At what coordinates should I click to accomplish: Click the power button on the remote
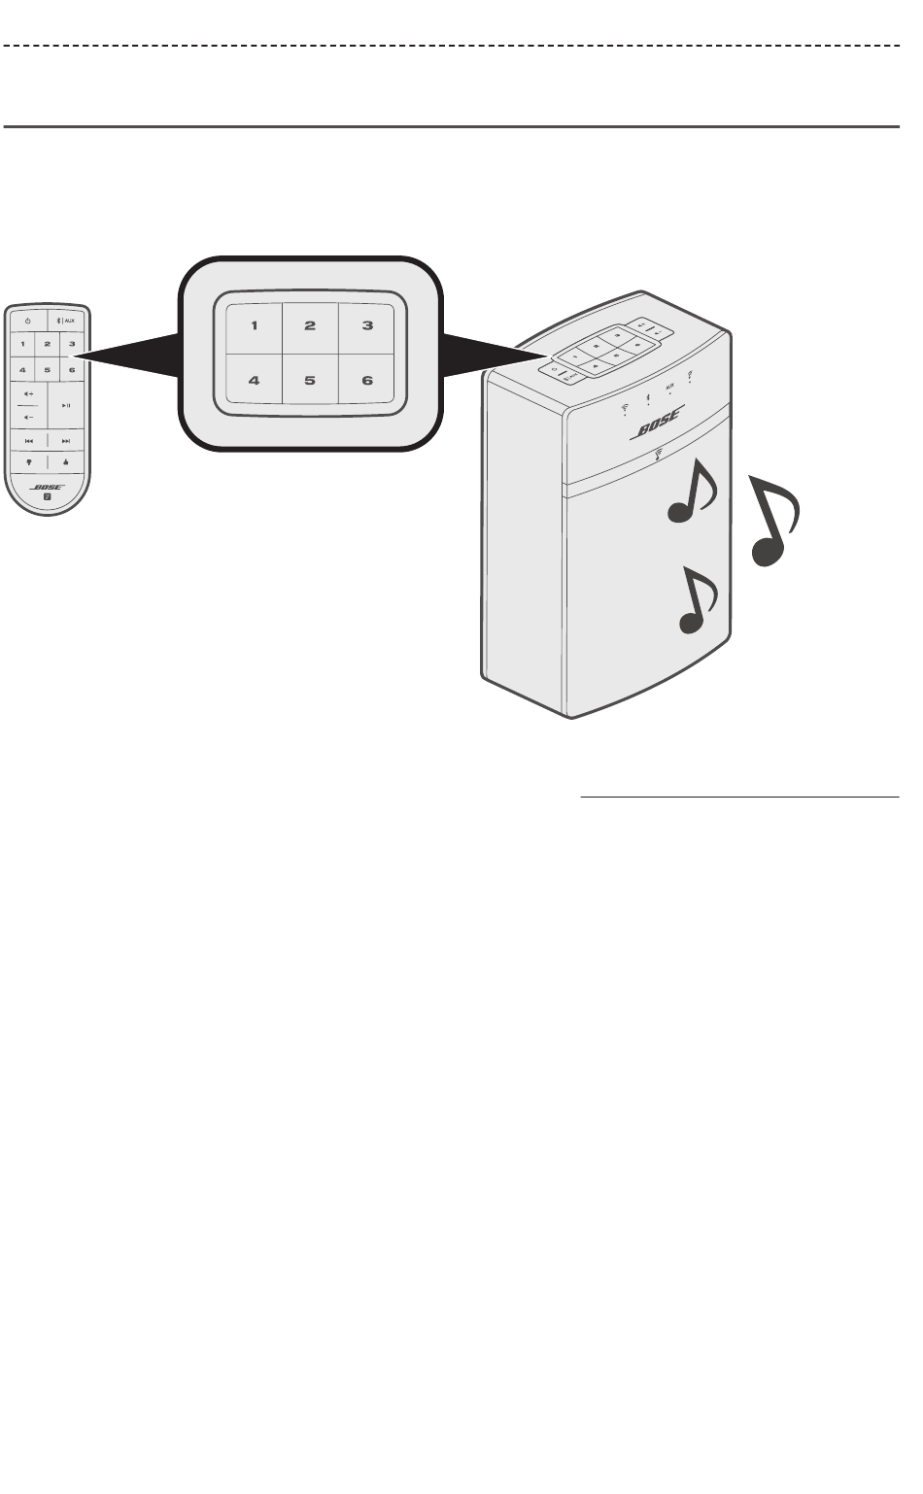point(28,321)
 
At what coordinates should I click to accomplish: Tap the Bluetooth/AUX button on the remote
point(69,321)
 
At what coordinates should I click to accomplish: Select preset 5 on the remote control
point(47,370)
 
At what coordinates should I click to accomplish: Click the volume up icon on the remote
point(28,393)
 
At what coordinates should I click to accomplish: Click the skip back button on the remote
point(29,440)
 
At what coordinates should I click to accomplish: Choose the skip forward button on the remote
point(66,440)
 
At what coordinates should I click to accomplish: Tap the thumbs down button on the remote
point(29,462)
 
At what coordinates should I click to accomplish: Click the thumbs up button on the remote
point(66,462)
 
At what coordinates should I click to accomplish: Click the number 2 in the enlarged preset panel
point(310,325)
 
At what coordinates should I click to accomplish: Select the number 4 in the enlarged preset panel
point(254,381)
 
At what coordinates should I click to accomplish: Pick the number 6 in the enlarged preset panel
point(367,381)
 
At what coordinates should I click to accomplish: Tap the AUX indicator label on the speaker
point(668,388)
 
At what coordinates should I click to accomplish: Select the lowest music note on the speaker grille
point(699,602)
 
